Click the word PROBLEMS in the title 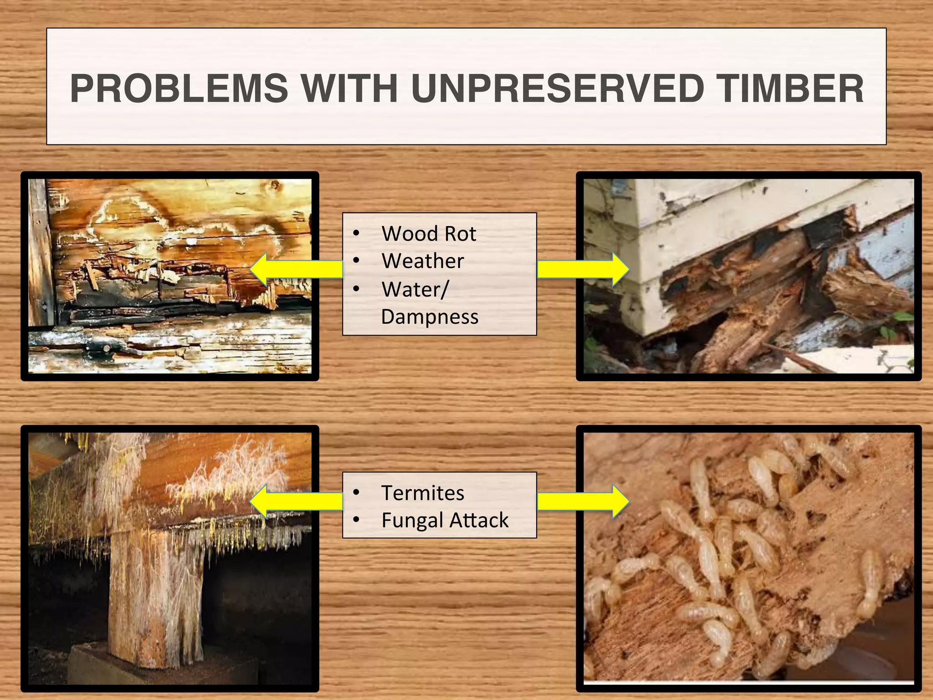pos(179,88)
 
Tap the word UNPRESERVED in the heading pos(558,88)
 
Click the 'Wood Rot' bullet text pos(429,234)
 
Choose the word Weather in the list pos(423,261)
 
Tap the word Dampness pos(430,317)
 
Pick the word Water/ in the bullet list pos(415,289)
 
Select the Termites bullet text pos(423,493)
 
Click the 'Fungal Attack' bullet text pos(445,520)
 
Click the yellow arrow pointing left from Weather pos(296,270)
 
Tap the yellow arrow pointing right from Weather pos(583,270)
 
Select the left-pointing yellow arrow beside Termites pos(296,501)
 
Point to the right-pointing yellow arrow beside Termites pos(583,501)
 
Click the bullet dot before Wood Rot pos(356,234)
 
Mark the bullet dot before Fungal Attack pos(356,520)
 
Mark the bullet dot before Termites pos(356,493)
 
